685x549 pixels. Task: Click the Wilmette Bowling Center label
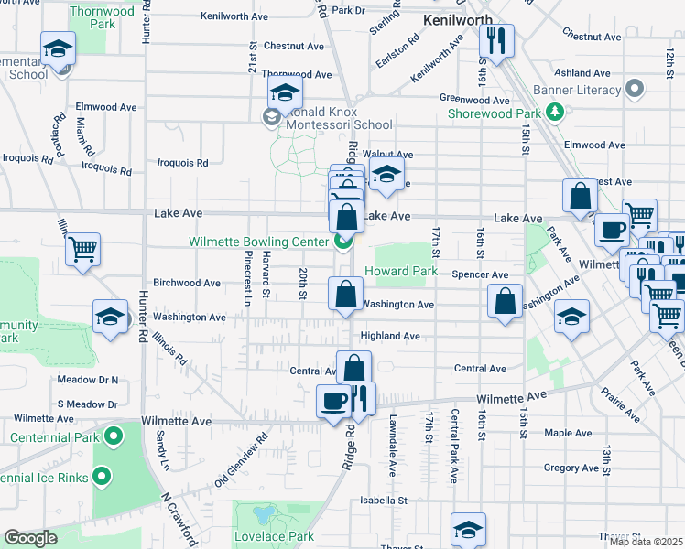[258, 242]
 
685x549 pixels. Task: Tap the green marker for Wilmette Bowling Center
[343, 242]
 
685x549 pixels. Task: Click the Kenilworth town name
[457, 19]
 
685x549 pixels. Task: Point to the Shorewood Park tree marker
[554, 113]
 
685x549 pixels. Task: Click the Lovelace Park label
[275, 536]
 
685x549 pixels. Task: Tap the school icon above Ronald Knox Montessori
[286, 92]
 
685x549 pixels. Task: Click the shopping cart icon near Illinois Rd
[82, 248]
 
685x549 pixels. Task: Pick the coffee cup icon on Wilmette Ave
[333, 400]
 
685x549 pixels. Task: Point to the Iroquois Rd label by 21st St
[183, 163]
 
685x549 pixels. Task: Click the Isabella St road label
[383, 501]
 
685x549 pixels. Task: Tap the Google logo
[31, 538]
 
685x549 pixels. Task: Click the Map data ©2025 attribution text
[645, 542]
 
